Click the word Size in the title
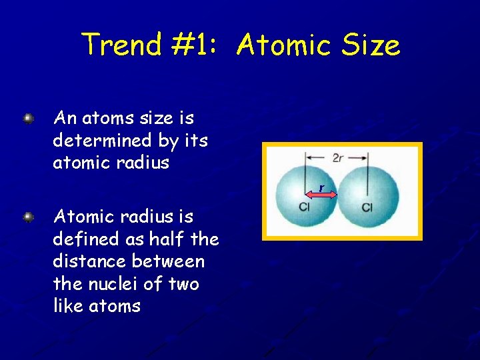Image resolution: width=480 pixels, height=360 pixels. [x=369, y=45]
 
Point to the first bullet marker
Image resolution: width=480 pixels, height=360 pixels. [x=29, y=119]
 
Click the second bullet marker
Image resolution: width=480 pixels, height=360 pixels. [x=29, y=217]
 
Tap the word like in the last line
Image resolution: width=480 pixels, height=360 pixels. [x=67, y=307]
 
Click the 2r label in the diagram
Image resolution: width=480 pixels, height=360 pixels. [x=338, y=157]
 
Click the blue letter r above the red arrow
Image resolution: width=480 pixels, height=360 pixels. [x=321, y=188]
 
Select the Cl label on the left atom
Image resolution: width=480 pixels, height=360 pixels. [x=304, y=207]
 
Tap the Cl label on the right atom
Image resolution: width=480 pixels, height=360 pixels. [x=367, y=208]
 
